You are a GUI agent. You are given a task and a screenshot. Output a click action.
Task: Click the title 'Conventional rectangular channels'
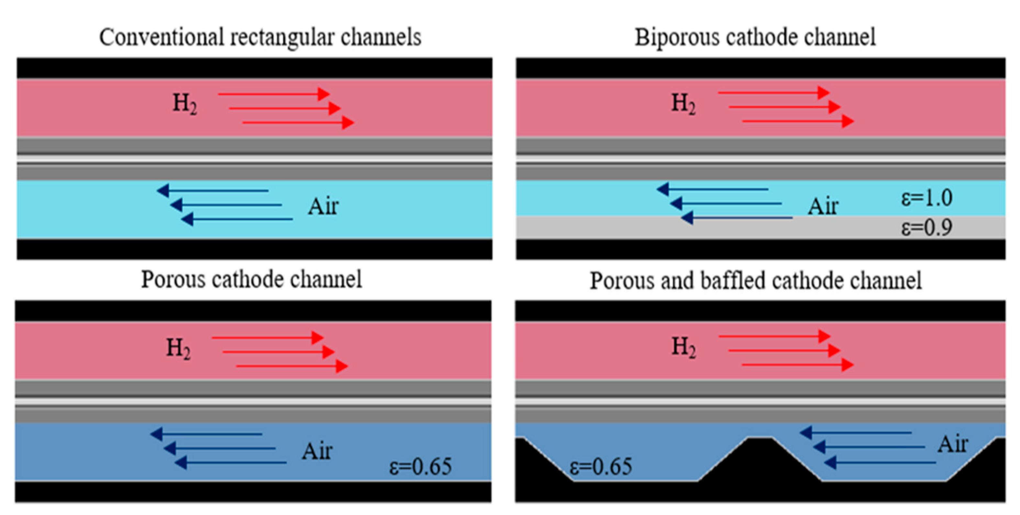coord(260,37)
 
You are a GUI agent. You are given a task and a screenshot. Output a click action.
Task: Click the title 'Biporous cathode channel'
coord(755,37)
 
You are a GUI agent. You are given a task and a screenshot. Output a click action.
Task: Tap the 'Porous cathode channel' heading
coord(251,279)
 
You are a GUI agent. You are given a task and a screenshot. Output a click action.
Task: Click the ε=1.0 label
coord(926,198)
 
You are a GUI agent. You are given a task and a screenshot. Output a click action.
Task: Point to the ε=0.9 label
coord(926,228)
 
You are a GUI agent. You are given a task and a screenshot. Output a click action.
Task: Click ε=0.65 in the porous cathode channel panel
coord(420,466)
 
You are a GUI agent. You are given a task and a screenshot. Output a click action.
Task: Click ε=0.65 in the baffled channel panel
coord(601,466)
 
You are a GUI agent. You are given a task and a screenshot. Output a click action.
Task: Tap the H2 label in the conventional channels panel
coord(184,104)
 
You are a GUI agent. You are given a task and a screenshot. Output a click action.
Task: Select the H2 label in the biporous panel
coord(683,104)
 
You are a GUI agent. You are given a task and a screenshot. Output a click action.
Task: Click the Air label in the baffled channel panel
coord(952,444)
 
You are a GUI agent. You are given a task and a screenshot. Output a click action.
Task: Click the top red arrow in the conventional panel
coord(273,94)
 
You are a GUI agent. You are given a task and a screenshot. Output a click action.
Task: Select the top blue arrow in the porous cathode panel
coord(206,434)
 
